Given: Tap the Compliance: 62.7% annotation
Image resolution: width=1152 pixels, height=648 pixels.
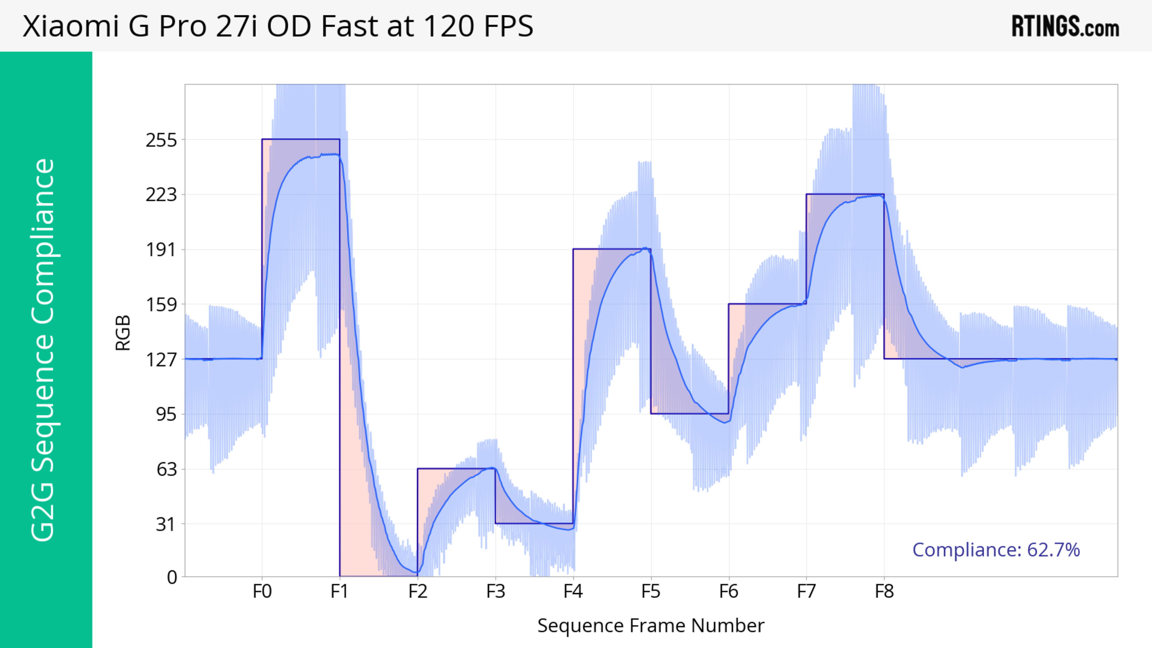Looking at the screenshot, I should pyautogui.click(x=996, y=550).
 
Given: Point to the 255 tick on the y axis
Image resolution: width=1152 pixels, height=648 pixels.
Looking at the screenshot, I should pyautogui.click(x=161, y=140).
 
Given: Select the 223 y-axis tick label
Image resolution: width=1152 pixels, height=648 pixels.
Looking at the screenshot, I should pyautogui.click(x=161, y=195).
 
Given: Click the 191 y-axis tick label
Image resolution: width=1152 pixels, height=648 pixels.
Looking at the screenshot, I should pyautogui.click(x=161, y=250).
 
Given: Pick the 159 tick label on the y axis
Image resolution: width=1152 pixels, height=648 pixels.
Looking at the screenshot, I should pyautogui.click(x=161, y=305).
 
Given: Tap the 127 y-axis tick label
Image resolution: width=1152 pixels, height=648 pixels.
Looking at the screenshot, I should pyautogui.click(x=161, y=359).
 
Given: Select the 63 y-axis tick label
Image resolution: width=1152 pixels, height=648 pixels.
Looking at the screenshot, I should pyautogui.click(x=166, y=469).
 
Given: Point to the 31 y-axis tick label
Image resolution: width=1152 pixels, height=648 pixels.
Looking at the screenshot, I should pyautogui.click(x=166, y=524).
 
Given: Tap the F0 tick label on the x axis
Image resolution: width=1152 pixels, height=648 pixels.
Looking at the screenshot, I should pyautogui.click(x=262, y=592).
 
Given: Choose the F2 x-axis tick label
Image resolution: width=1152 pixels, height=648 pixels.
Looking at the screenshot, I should pyautogui.click(x=418, y=592).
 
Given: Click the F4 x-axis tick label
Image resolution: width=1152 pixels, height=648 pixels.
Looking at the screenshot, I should pyautogui.click(x=573, y=592).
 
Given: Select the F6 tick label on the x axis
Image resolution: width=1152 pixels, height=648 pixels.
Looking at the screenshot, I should pyautogui.click(x=728, y=592).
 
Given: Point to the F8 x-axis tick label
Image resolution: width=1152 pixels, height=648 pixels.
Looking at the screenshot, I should pyautogui.click(x=884, y=592).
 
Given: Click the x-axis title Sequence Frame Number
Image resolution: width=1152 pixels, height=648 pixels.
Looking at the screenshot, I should pyautogui.click(x=651, y=626).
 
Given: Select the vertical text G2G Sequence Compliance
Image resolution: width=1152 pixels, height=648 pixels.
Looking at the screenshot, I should pyautogui.click(x=43, y=350).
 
